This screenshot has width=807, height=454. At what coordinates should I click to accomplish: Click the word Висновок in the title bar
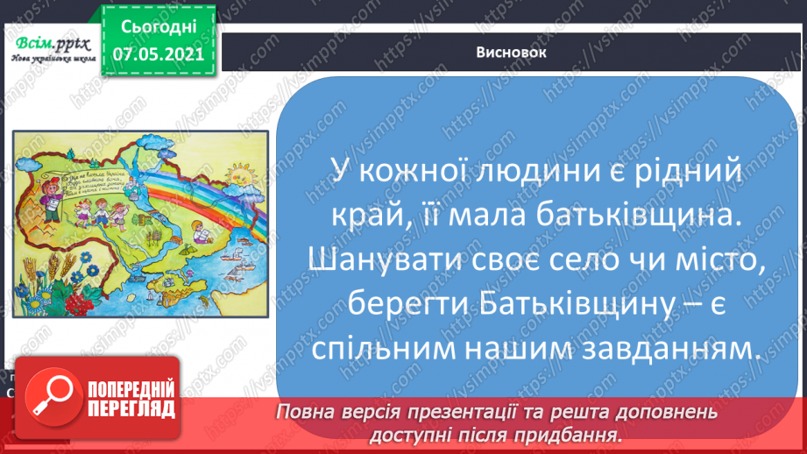tap(513, 52)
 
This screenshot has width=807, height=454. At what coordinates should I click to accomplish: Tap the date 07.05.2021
tap(152, 53)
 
